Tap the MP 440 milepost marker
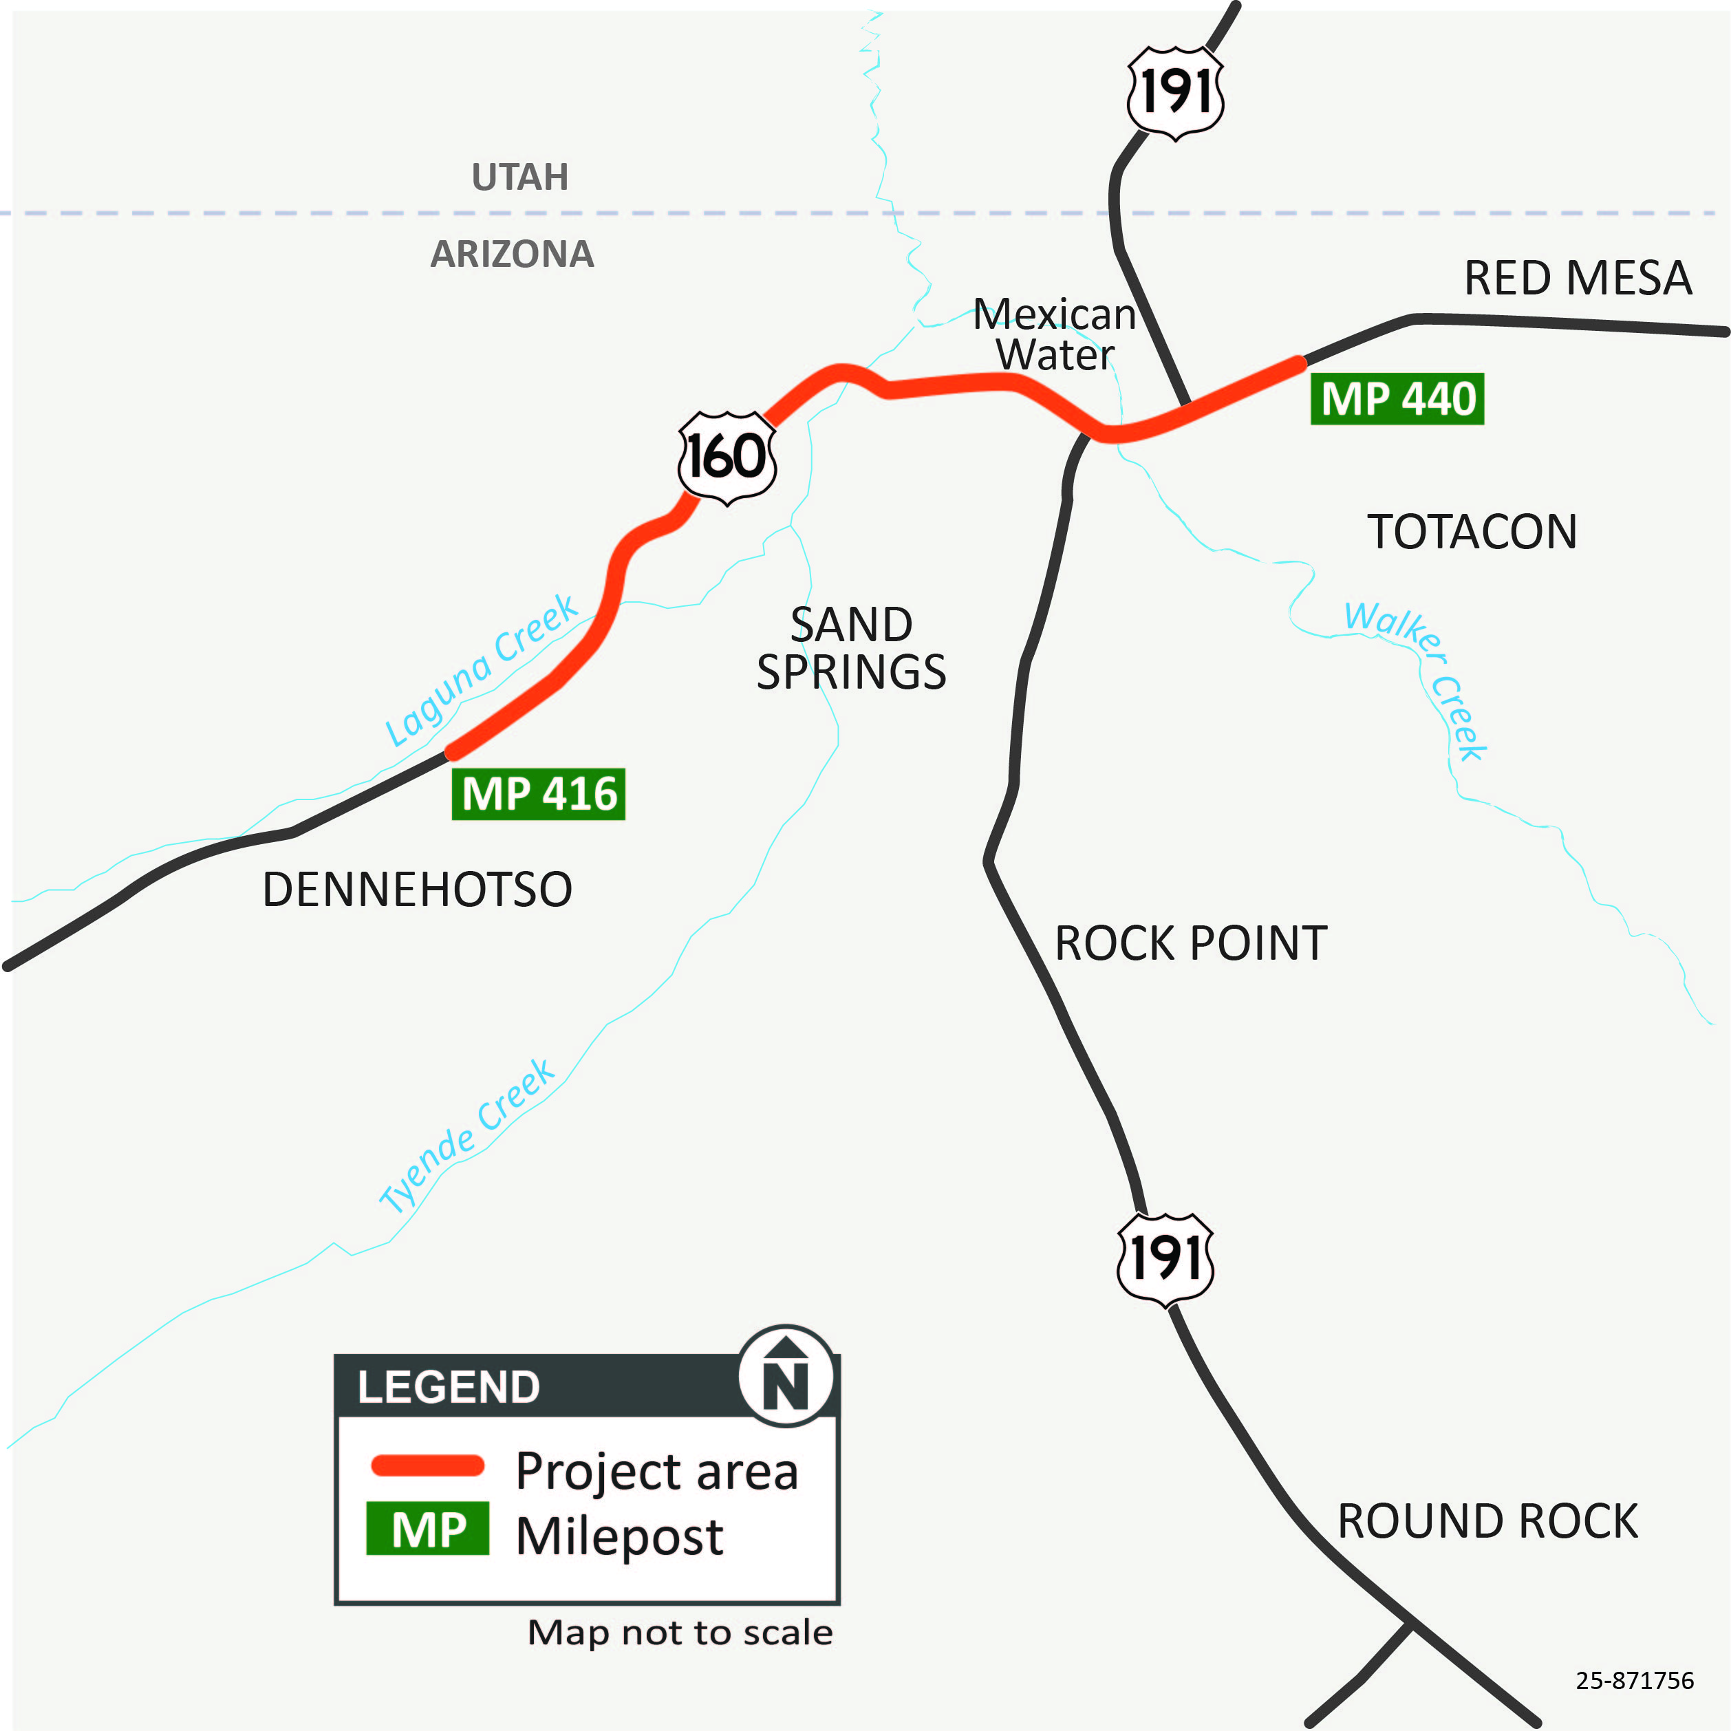1397,399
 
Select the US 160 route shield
727,457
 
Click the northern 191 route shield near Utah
1176,93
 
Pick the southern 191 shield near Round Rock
1165,1258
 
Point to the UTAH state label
519,177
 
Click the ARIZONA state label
512,255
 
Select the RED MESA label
1577,278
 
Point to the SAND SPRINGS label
851,648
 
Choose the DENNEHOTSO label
417,890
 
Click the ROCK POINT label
1191,943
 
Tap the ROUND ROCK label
1487,1521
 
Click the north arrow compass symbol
786,1375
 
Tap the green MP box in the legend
427,1529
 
